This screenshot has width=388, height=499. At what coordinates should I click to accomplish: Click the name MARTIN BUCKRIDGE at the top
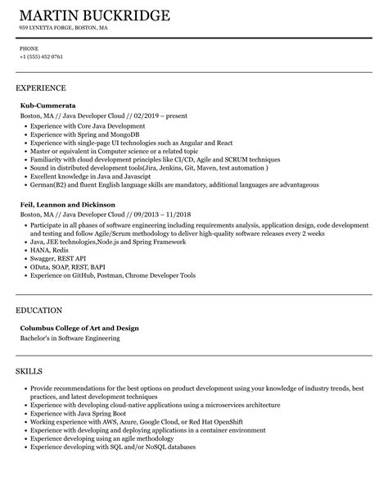pos(94,16)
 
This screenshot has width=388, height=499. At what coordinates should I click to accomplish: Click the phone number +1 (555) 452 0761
pos(40,57)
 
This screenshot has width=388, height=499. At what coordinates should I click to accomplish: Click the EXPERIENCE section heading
pos(41,87)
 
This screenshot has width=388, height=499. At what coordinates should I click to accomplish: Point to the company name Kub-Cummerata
pos(47,106)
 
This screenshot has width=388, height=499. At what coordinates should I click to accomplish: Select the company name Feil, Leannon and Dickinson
pos(67,203)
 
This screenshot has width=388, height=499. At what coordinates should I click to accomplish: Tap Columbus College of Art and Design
pos(79,328)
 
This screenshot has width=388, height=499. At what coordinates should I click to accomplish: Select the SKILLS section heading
pos(30,371)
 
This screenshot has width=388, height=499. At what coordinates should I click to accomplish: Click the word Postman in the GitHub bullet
pos(108,276)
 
